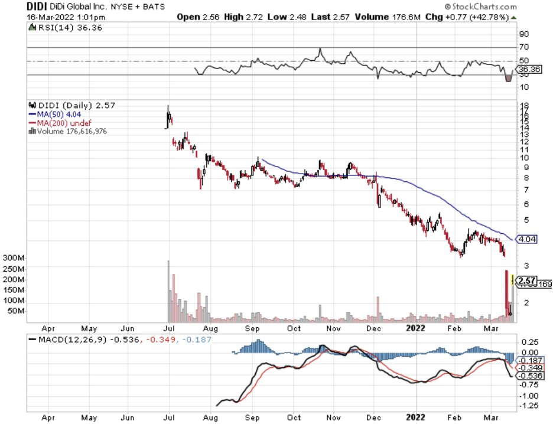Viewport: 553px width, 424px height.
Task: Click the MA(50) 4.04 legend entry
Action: pyautogui.click(x=54, y=114)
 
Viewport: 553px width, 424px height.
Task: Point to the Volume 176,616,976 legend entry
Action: pyautogui.click(x=70, y=131)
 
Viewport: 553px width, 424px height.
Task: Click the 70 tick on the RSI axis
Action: pyautogui.click(x=523, y=47)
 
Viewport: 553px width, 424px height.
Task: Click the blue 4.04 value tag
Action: pyautogui.click(x=526, y=240)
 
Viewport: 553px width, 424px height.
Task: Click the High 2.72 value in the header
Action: pyautogui.click(x=241, y=17)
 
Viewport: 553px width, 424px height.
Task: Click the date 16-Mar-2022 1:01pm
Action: pyautogui.click(x=57, y=17)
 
